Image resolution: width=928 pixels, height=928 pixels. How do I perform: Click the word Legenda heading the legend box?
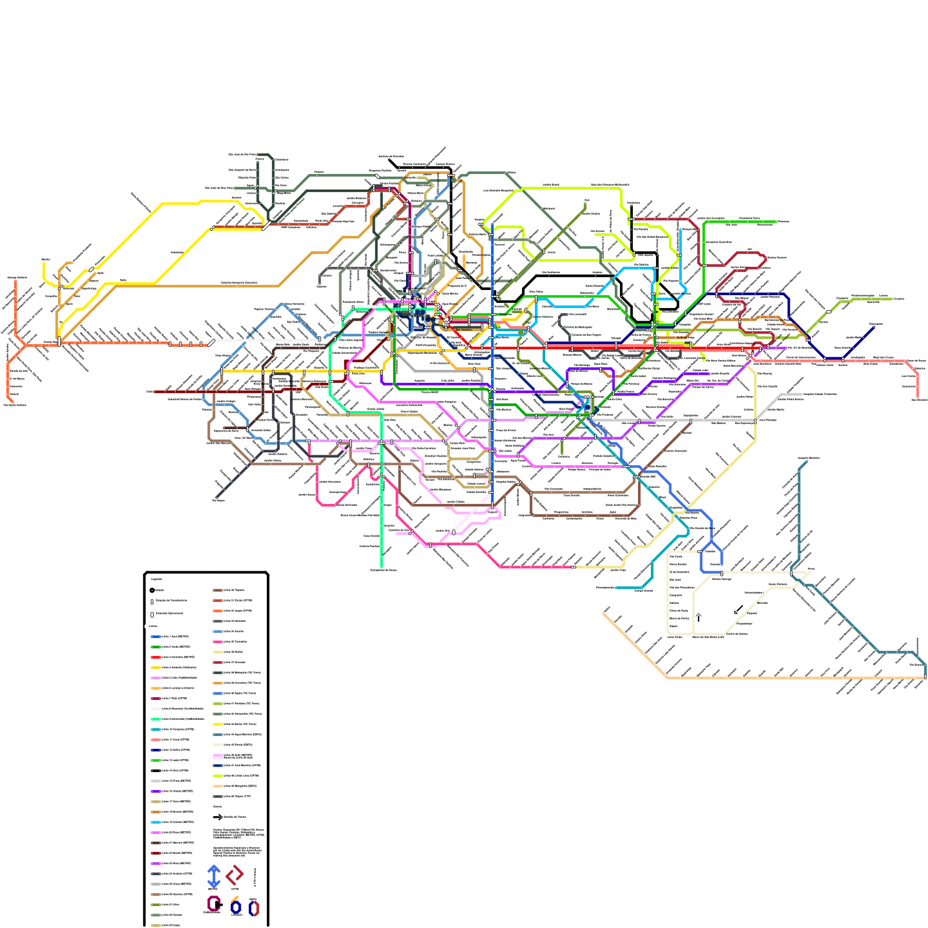click(x=156, y=578)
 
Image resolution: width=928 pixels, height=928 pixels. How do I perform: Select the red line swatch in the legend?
click(x=155, y=657)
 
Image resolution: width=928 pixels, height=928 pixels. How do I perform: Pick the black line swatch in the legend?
click(x=155, y=771)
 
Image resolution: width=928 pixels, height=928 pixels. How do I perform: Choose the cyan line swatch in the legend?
click(x=155, y=822)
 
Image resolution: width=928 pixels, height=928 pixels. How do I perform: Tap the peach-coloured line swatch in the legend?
click(x=218, y=786)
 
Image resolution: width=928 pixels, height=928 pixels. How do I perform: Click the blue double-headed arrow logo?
click(x=213, y=876)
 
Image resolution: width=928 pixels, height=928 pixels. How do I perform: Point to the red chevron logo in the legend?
click(x=235, y=875)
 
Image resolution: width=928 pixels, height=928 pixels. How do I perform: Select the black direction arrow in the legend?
click(x=218, y=817)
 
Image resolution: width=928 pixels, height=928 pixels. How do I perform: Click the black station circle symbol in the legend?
click(x=152, y=590)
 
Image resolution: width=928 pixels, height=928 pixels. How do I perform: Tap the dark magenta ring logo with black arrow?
click(x=214, y=904)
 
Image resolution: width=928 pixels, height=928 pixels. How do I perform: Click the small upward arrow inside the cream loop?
click(x=698, y=617)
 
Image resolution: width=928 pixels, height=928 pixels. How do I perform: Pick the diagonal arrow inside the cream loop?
click(x=738, y=610)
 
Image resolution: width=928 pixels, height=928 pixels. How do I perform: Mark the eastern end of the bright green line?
click(x=775, y=222)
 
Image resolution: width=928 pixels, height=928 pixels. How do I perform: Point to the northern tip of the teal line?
click(x=806, y=462)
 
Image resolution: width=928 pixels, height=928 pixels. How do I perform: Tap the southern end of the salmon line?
click(x=918, y=398)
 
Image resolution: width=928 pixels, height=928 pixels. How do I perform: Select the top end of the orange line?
click(x=15, y=282)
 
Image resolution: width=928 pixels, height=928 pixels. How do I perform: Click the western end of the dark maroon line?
click(x=155, y=391)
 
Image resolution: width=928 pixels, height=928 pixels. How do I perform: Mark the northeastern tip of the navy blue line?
click(x=873, y=327)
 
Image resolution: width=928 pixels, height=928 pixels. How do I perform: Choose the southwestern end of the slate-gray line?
click(x=217, y=498)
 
